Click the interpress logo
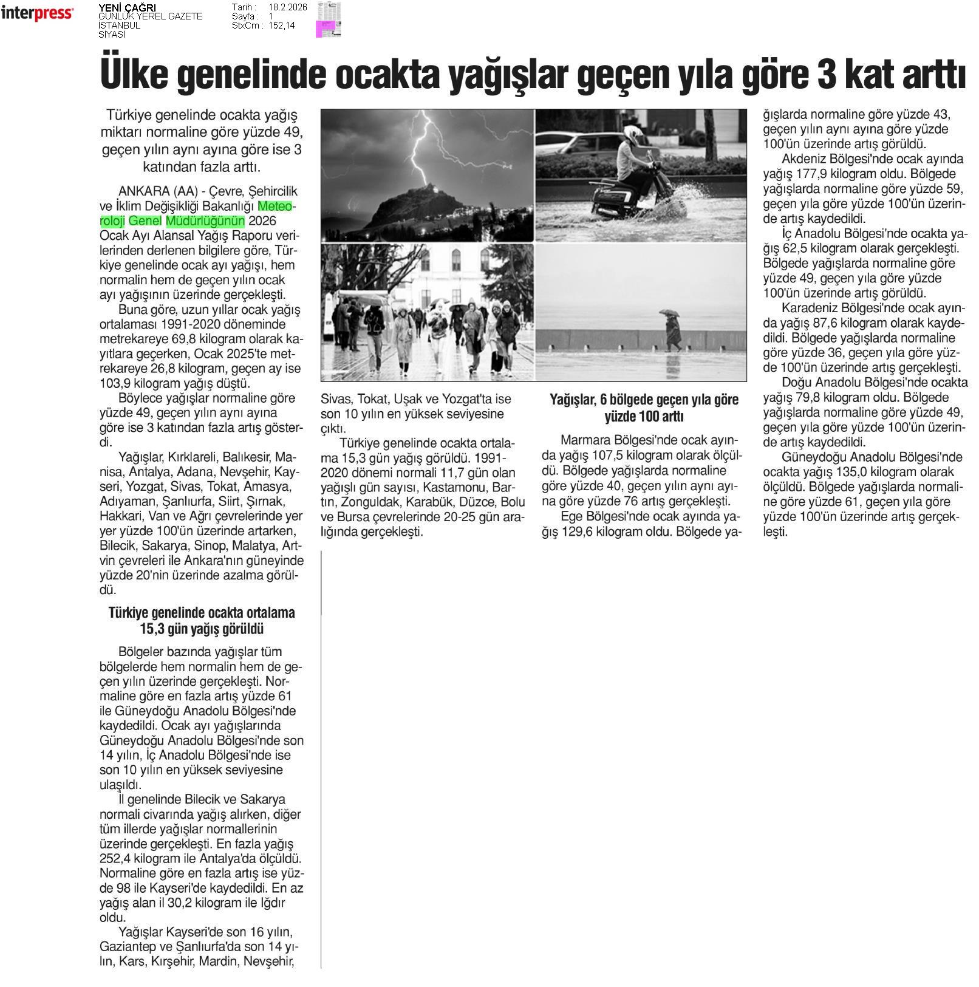[38, 13]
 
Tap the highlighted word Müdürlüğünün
[205, 220]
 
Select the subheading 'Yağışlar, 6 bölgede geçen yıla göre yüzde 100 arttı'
[644, 408]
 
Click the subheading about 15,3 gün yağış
[202, 620]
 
